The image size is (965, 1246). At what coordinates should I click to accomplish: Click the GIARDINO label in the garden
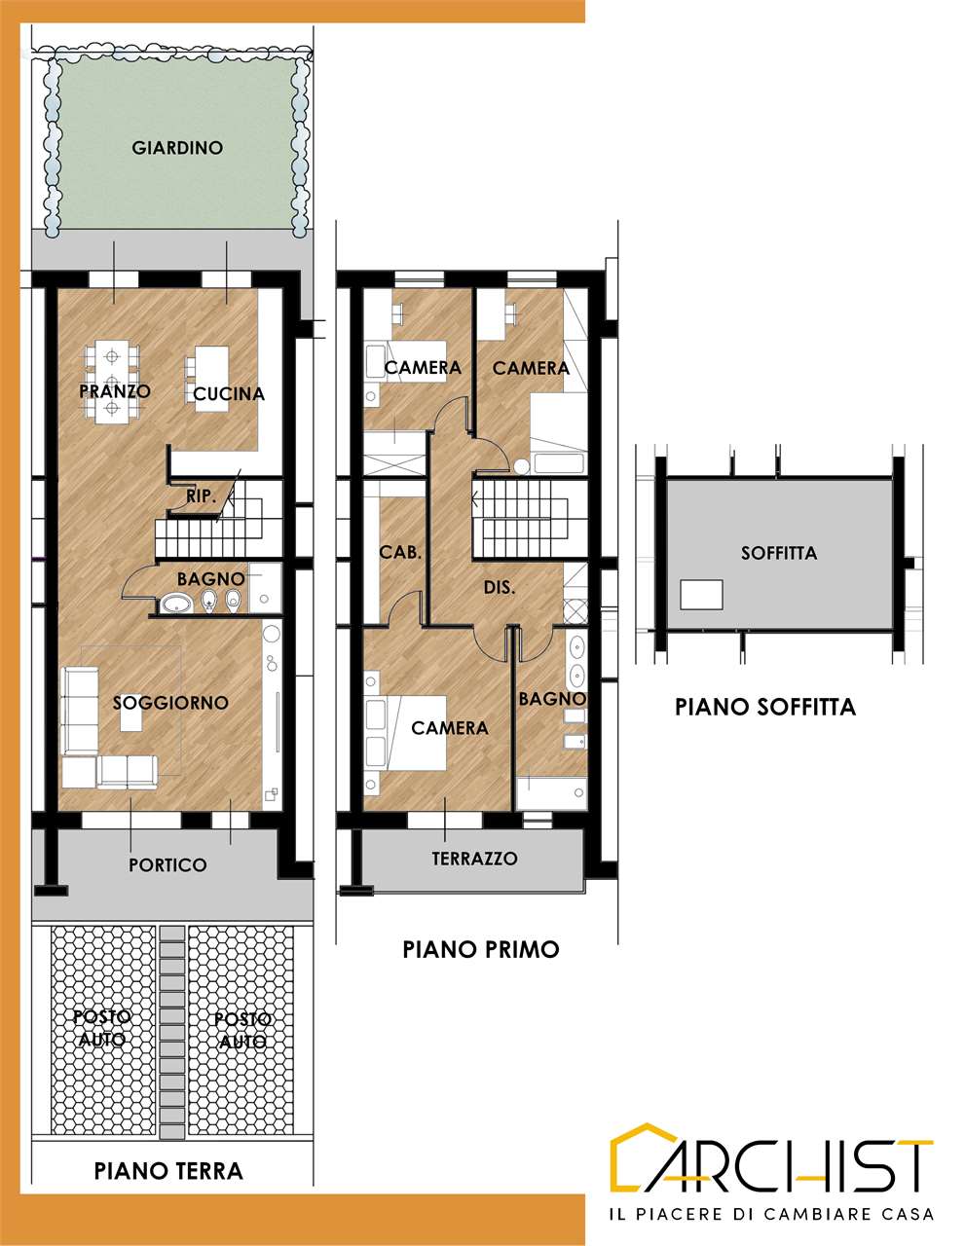(x=177, y=148)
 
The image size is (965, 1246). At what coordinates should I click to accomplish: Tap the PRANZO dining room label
(x=115, y=391)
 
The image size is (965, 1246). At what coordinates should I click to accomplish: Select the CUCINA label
(x=229, y=394)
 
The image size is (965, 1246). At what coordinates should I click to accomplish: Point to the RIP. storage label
(x=202, y=496)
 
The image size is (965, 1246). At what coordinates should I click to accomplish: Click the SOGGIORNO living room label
(x=170, y=703)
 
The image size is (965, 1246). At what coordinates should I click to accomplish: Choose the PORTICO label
(x=167, y=865)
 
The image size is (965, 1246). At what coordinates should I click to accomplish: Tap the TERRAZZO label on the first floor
(x=475, y=859)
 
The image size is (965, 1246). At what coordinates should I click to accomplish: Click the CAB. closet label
(x=400, y=553)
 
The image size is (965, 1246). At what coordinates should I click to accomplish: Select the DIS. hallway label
(x=500, y=587)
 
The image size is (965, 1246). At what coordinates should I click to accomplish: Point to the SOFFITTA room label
(x=779, y=553)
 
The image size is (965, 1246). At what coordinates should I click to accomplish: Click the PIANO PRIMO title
(x=480, y=949)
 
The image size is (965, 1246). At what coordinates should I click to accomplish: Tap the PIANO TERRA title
(x=168, y=1170)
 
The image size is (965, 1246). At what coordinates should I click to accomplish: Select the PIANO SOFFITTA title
(x=765, y=707)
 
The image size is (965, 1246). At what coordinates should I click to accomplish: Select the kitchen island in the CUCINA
(x=211, y=379)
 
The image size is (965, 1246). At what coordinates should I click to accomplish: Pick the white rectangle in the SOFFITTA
(x=701, y=595)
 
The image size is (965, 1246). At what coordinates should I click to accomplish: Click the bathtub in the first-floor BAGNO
(x=551, y=793)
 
